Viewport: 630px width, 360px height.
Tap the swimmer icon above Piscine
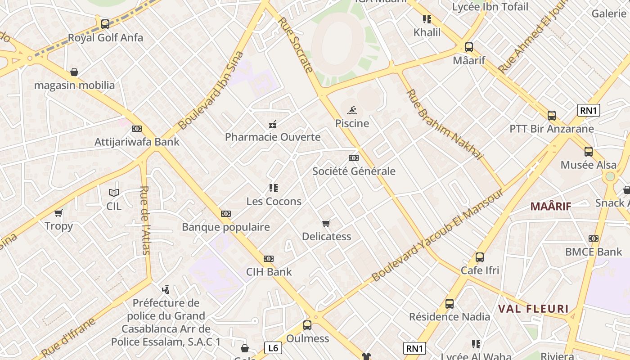352,110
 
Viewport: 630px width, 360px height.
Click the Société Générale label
354,171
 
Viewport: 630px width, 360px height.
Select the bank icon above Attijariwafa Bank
136,129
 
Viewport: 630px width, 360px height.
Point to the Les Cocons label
274,201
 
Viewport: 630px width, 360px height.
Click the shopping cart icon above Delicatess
326,223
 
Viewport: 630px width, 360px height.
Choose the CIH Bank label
269,272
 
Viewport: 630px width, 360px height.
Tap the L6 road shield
273,347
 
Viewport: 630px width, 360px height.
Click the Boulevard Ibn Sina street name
211,91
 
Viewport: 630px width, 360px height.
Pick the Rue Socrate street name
295,45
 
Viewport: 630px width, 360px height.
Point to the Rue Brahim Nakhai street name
444,125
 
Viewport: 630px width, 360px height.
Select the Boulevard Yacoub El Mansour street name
437,235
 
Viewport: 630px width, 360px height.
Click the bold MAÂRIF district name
550,207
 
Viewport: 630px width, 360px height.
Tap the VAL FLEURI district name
533,309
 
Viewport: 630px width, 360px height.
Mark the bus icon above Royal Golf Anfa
105,24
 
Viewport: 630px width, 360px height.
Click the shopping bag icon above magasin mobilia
74,72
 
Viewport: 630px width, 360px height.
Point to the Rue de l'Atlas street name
145,220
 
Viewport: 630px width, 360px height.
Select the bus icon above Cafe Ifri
480,257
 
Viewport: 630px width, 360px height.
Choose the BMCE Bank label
593,252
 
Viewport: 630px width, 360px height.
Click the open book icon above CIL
114,193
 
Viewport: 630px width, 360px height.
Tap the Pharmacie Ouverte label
273,137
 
